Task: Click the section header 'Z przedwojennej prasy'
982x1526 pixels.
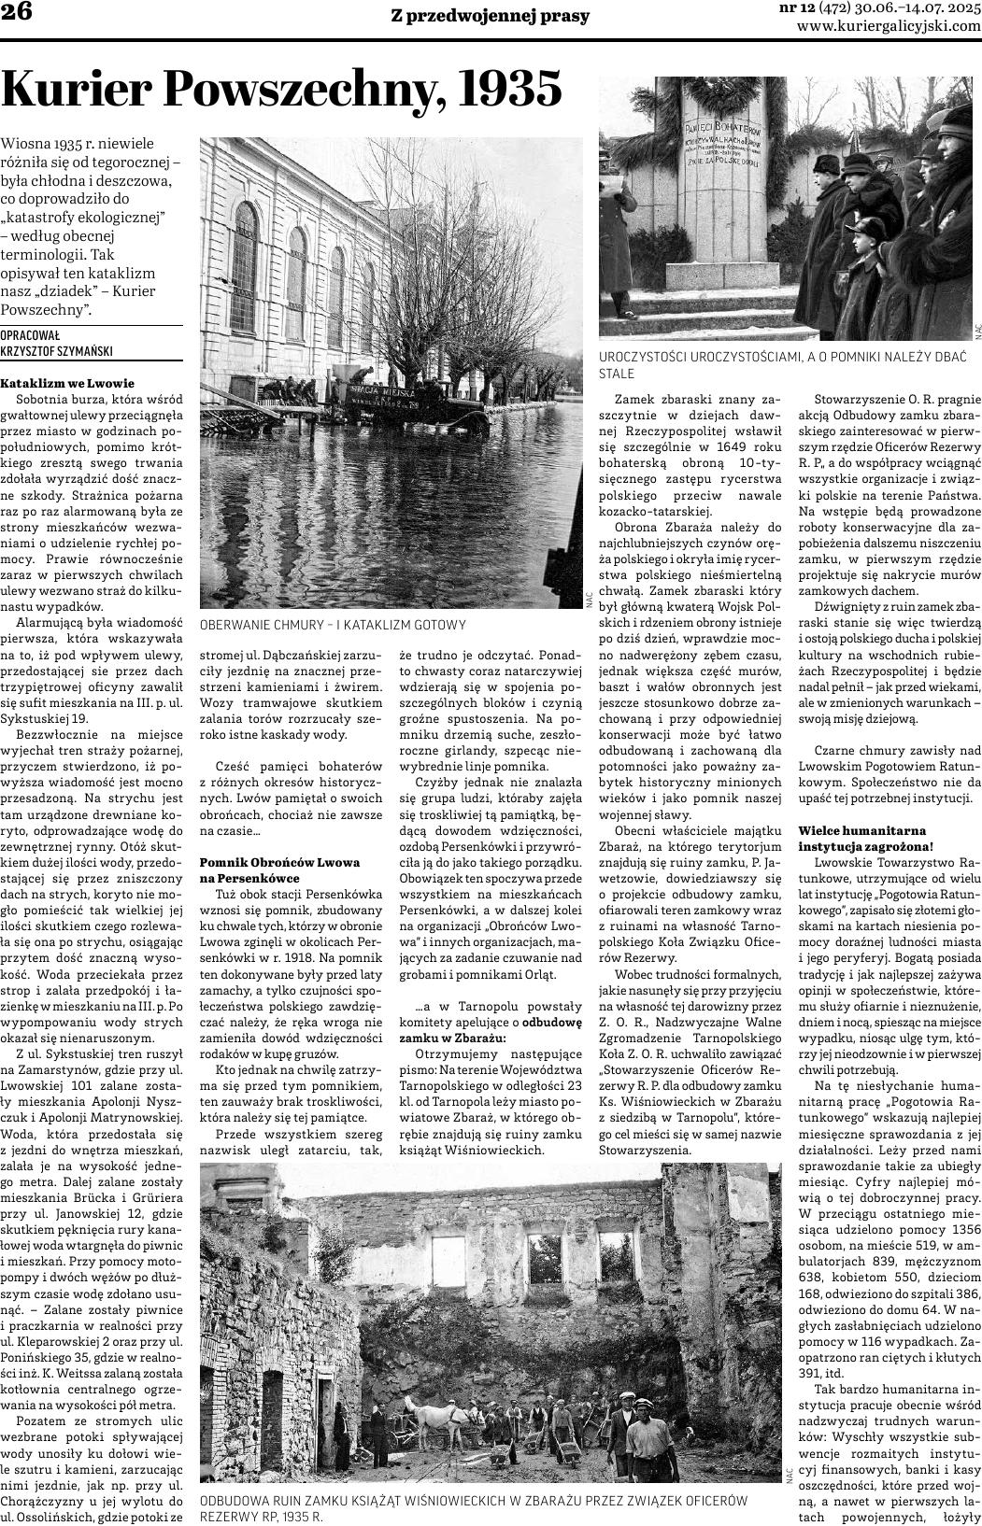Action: [491, 16]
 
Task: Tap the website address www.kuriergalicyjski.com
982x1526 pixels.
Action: [889, 27]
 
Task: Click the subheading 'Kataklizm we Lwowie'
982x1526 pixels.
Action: [67, 383]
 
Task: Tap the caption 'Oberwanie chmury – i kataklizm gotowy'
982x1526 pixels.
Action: [333, 625]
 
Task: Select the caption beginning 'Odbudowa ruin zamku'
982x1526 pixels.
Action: [475, 1508]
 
